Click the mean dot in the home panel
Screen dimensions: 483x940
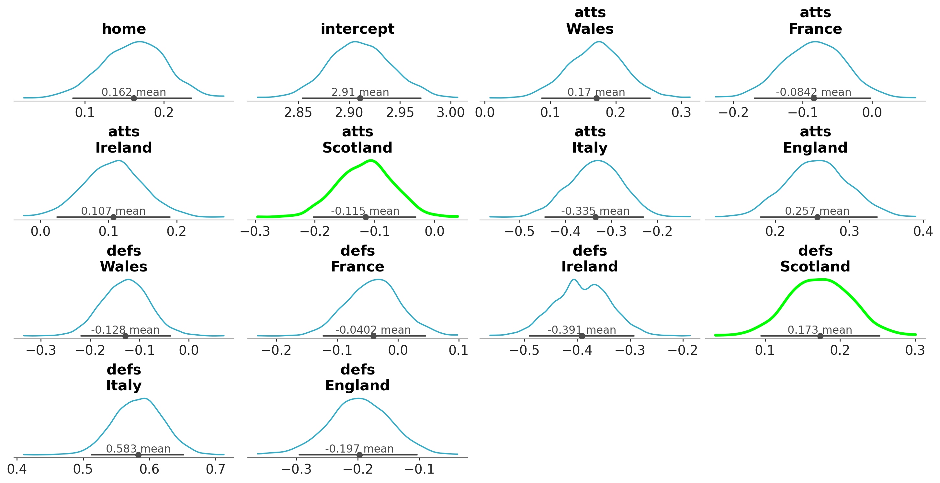[x=134, y=98]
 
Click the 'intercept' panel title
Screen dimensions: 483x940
[x=357, y=29]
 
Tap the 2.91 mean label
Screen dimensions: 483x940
[x=360, y=92]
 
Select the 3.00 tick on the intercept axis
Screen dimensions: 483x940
[x=451, y=112]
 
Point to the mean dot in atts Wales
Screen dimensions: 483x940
[x=596, y=98]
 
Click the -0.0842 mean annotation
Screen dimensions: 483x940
[x=813, y=92]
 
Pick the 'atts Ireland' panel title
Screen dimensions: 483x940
[x=124, y=140]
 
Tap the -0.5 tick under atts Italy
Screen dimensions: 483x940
[x=519, y=232]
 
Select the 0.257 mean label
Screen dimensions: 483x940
[x=817, y=211]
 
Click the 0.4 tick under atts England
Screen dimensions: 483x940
[x=923, y=232]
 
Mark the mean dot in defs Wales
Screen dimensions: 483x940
[x=126, y=336]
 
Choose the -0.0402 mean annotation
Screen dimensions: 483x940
[x=373, y=330]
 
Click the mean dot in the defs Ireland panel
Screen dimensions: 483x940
[x=582, y=336]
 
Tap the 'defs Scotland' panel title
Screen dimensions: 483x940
[x=815, y=259]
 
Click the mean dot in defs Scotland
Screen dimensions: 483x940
[x=820, y=336]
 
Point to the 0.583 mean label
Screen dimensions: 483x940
[x=138, y=449]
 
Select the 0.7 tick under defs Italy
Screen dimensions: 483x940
[x=216, y=469]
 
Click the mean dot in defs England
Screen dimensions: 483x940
[x=359, y=455]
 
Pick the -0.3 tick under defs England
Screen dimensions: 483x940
[x=296, y=469]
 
